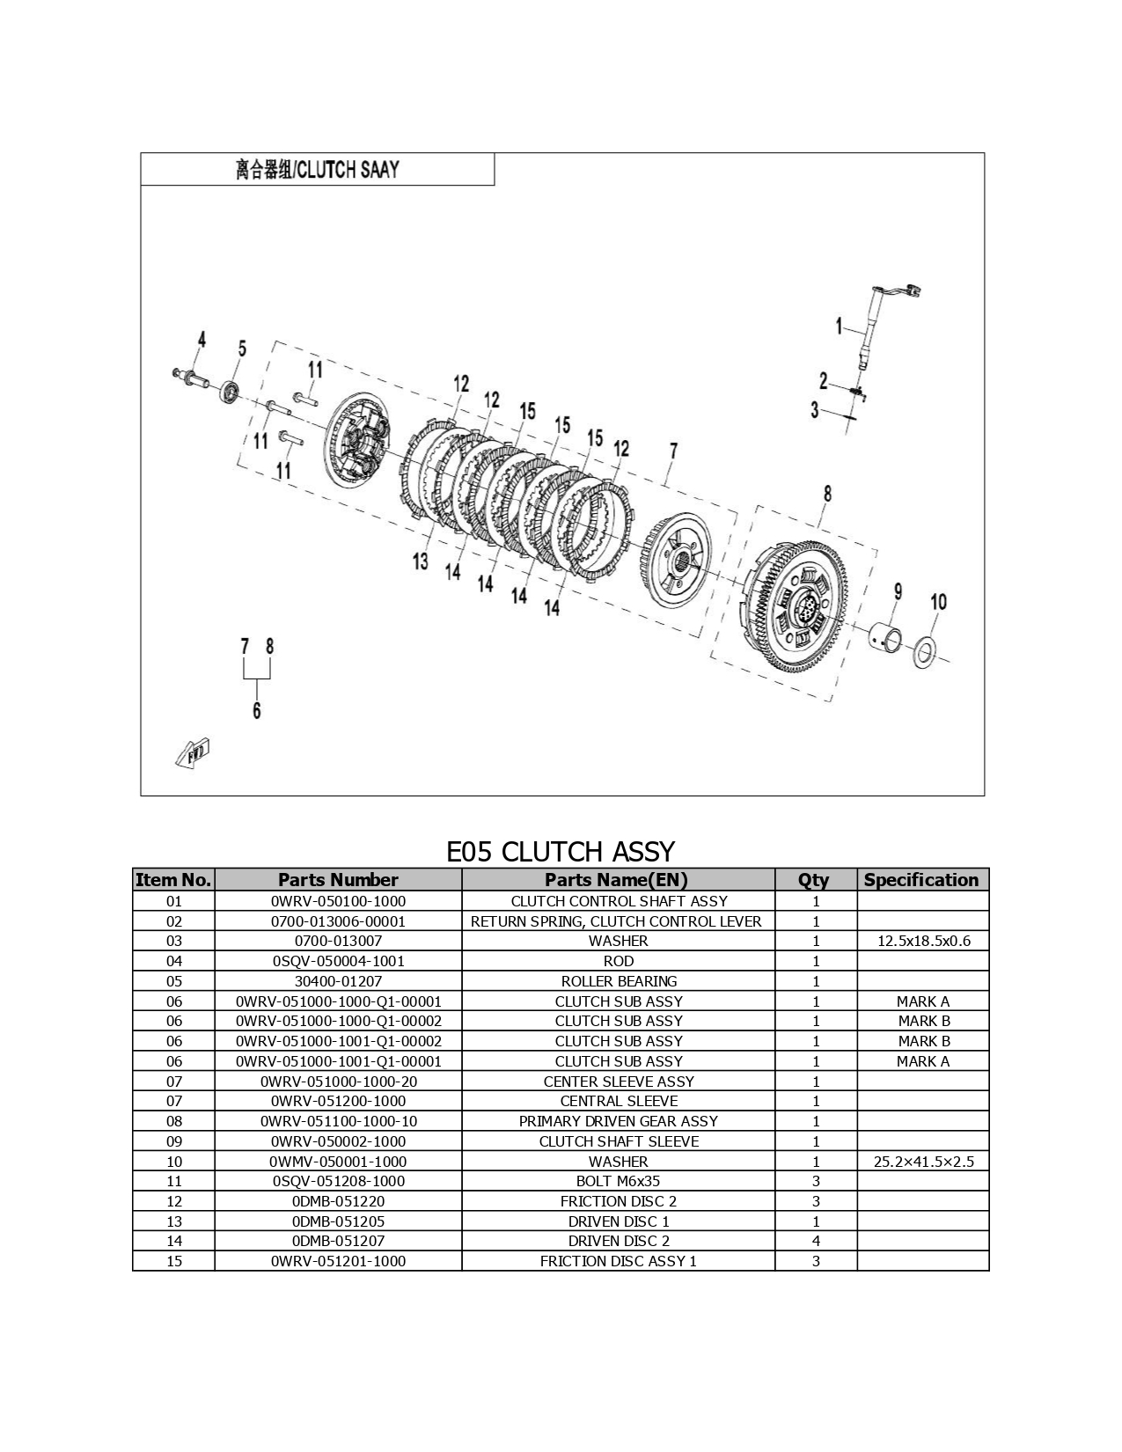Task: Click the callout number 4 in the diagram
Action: [x=202, y=340]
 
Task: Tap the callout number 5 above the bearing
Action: [x=243, y=348]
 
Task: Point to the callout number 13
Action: [x=421, y=561]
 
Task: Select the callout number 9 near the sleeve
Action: [x=898, y=591]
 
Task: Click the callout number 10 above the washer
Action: [x=939, y=603]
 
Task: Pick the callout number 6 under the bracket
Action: [x=257, y=710]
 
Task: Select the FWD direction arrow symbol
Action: [x=193, y=754]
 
